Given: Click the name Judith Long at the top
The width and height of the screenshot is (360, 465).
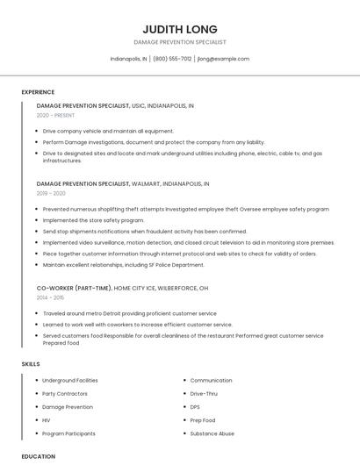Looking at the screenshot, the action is point(180,29).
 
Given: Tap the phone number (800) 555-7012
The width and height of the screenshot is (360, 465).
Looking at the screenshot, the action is point(172,59).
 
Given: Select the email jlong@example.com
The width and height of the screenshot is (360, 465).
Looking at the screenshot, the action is point(223,59).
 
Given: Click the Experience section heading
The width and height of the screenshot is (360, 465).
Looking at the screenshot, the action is point(38,92).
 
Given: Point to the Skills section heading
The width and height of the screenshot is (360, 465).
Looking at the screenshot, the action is point(31,363).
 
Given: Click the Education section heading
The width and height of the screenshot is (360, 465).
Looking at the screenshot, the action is point(39,456).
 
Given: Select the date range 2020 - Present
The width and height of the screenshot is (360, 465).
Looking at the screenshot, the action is point(56,115).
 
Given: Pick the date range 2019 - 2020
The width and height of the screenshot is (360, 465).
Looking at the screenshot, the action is point(51,193).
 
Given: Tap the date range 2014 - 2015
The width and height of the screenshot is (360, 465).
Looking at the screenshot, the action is point(51,297).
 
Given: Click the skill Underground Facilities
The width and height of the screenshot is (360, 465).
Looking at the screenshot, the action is point(70,381).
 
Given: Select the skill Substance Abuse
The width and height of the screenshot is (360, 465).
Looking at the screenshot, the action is point(212,433).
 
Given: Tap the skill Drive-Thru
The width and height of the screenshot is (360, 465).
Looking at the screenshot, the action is point(205,394).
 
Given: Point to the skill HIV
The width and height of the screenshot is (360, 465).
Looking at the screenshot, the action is point(47,420).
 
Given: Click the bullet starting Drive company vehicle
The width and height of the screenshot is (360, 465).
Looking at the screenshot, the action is point(108,131).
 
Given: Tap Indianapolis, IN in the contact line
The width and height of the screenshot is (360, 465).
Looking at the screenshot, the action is point(128,59).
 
